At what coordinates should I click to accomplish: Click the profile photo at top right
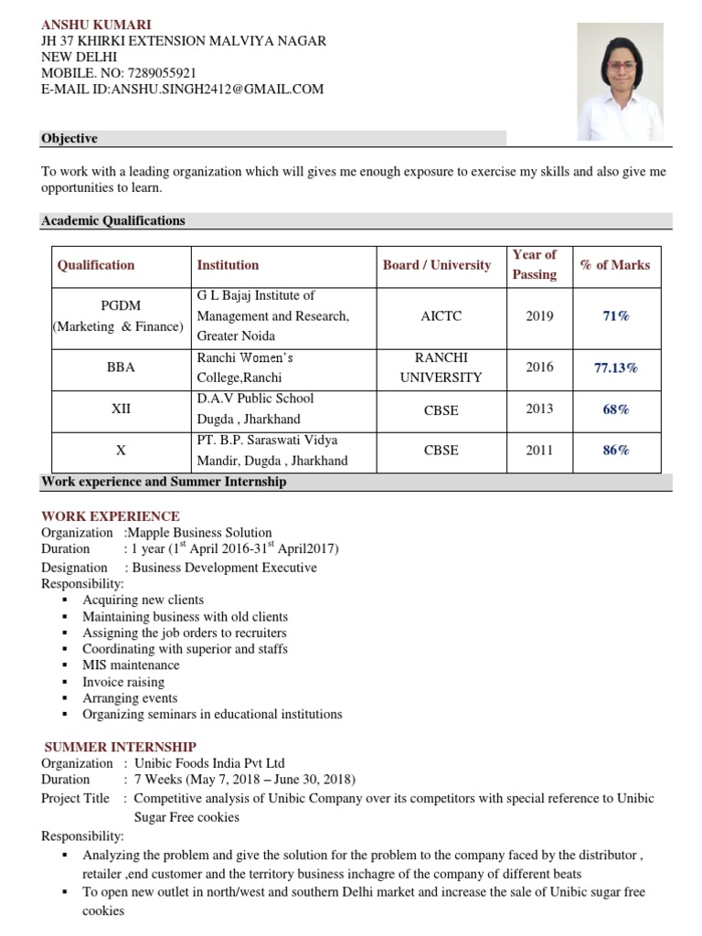pyautogui.click(x=619, y=81)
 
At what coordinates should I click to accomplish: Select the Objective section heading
pyautogui.click(x=69, y=138)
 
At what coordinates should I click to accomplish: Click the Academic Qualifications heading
pyautogui.click(x=113, y=220)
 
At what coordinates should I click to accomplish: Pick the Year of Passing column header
pyautogui.click(x=535, y=264)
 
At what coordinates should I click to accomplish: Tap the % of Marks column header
pyautogui.click(x=615, y=265)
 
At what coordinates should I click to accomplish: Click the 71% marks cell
pyautogui.click(x=615, y=316)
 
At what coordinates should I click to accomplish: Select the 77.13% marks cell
pyautogui.click(x=615, y=367)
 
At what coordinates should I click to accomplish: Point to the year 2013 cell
pyautogui.click(x=539, y=409)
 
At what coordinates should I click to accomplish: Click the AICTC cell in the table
pyautogui.click(x=441, y=316)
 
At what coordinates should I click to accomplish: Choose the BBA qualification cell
pyautogui.click(x=121, y=367)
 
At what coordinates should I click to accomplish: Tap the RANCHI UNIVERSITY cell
pyautogui.click(x=441, y=367)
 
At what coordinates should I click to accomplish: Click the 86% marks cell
pyautogui.click(x=615, y=450)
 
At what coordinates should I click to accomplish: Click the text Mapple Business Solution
pyautogui.click(x=200, y=533)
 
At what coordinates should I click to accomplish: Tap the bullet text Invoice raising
pyautogui.click(x=123, y=681)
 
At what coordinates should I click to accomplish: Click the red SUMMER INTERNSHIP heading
pyautogui.click(x=121, y=747)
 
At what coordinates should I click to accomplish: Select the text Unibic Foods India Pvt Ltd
pyautogui.click(x=209, y=763)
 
